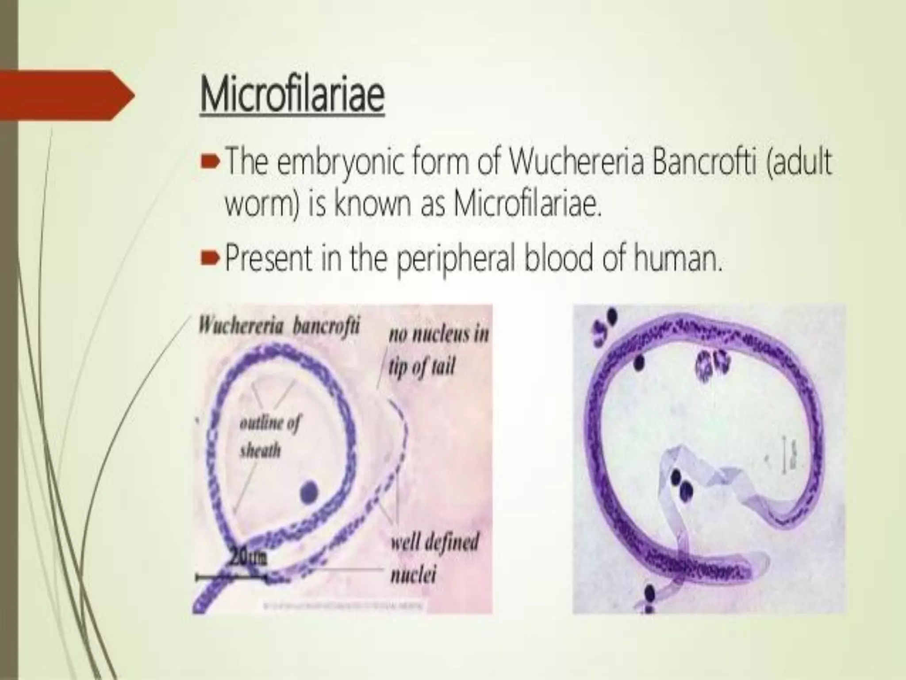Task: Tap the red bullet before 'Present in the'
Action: tap(208, 259)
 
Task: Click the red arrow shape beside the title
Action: tap(66, 95)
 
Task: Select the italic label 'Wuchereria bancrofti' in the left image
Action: tap(279, 327)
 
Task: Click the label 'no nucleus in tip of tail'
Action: tap(438, 350)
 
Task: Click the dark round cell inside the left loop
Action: tap(309, 492)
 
